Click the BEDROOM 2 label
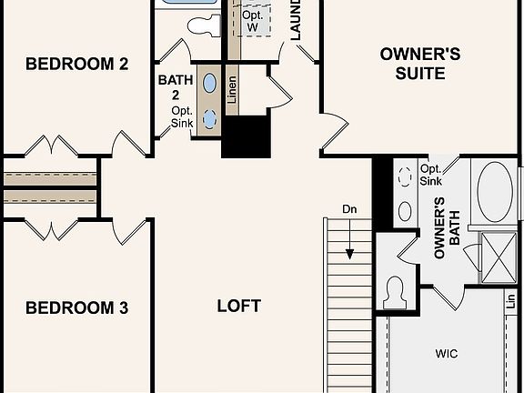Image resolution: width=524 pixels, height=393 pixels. point(76,64)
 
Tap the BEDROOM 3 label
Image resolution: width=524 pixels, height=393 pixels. point(76,308)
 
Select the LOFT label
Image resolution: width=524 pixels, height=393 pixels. point(239,306)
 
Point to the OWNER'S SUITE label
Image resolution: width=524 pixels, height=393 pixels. point(419,64)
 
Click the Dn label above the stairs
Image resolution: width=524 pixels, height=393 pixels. point(350,210)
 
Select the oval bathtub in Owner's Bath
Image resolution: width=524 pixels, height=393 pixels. point(495,192)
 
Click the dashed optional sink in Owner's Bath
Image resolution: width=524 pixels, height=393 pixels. point(405,179)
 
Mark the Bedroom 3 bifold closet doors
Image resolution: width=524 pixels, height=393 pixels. point(51,228)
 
